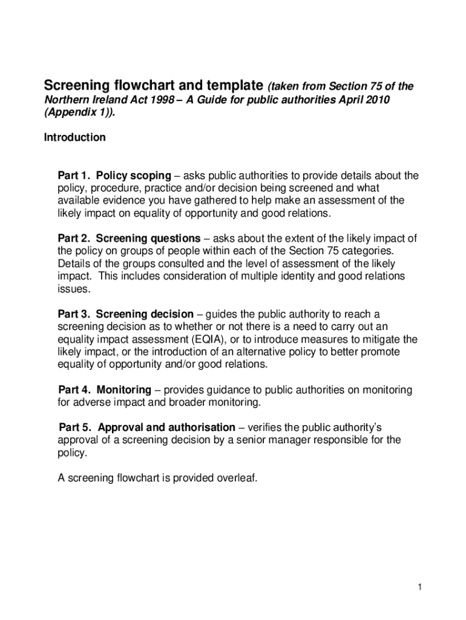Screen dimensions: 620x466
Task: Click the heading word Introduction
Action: tap(74, 137)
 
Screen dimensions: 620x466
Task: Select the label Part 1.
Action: tap(74, 176)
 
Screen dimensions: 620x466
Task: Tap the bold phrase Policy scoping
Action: tap(134, 176)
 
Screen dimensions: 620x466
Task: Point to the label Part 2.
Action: tap(74, 239)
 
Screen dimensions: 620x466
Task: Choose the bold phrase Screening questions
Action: tap(148, 239)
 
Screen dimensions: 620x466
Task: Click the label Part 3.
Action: tap(74, 314)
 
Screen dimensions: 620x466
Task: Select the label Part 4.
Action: tap(74, 390)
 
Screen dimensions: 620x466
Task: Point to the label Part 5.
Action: tap(74, 427)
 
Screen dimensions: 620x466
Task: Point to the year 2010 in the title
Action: tap(379, 99)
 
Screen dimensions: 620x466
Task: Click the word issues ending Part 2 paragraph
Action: tap(74, 289)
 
